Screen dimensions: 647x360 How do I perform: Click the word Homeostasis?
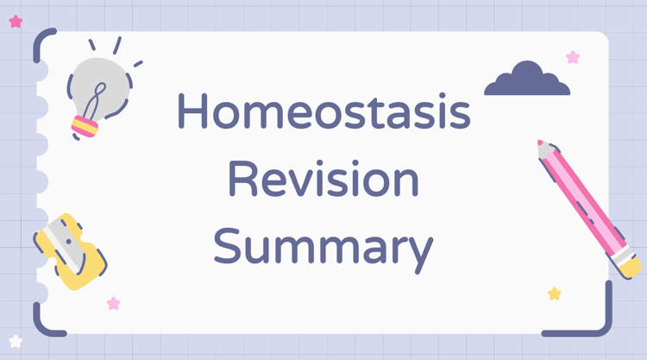[323, 111]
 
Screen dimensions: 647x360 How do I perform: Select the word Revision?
[323, 180]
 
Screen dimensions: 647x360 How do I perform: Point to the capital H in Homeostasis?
[192, 110]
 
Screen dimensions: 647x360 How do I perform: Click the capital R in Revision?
[242, 179]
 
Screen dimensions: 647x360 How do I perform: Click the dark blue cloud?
[527, 79]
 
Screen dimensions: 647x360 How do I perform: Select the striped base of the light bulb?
[85, 127]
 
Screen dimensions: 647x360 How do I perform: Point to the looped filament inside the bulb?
[95, 101]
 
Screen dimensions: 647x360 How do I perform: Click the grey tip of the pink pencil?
[545, 148]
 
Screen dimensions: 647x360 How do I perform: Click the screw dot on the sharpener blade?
[68, 242]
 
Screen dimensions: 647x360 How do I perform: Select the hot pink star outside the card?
[16, 22]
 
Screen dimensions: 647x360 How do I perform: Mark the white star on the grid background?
[16, 341]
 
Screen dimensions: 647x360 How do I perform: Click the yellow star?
[555, 294]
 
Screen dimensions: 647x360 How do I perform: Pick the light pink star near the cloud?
[573, 57]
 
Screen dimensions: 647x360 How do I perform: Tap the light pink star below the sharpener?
[114, 303]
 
